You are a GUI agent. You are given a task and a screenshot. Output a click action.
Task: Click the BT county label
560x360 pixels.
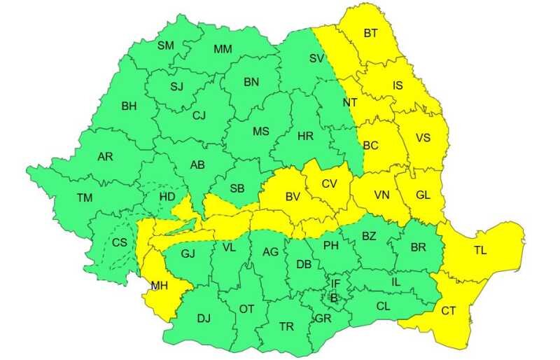371,33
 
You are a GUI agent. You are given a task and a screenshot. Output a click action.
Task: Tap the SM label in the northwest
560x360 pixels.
166,46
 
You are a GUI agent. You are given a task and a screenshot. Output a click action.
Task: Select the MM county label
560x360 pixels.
223,49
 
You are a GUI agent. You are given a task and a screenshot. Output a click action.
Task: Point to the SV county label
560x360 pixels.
317,58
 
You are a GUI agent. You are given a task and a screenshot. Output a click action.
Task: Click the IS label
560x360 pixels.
398,85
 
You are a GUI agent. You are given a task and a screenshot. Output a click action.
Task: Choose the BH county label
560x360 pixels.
129,106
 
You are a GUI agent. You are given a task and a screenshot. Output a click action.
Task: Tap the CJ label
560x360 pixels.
199,116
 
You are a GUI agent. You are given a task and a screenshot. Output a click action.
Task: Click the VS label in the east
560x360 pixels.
423,137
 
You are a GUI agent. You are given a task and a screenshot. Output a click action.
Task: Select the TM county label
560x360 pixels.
85,198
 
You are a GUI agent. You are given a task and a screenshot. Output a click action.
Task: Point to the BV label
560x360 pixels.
292,198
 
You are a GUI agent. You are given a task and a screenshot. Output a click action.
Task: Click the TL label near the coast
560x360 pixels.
481,250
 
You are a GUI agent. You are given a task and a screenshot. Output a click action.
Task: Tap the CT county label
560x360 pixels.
449,310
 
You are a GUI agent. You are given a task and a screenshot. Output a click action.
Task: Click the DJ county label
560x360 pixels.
204,319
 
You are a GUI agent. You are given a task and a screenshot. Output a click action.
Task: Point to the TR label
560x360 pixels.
286,327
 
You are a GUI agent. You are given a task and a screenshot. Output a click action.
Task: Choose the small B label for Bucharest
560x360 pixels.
334,298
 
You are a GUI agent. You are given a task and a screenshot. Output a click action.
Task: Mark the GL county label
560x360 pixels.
423,195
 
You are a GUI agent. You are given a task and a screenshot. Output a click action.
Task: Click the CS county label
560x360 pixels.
120,243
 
